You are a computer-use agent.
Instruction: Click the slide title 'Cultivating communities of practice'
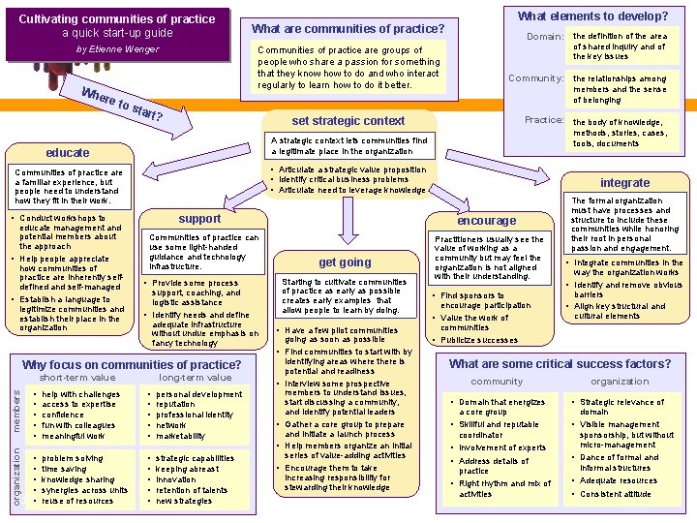pyautogui.click(x=117, y=18)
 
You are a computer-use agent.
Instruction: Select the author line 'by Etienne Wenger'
pyautogui.click(x=117, y=49)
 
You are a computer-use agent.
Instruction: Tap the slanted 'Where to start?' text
pyautogui.click(x=122, y=103)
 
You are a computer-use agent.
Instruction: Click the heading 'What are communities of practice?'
pyautogui.click(x=348, y=28)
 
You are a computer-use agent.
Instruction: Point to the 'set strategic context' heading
pyautogui.click(x=348, y=121)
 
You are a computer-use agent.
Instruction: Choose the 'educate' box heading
pyautogui.click(x=68, y=153)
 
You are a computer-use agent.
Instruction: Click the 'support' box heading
pyautogui.click(x=199, y=219)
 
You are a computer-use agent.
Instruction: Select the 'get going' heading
pyautogui.click(x=345, y=262)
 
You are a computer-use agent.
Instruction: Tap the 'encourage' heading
pyautogui.click(x=487, y=220)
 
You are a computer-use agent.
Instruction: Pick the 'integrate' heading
pyautogui.click(x=624, y=182)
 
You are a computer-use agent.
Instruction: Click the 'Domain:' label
pyautogui.click(x=545, y=37)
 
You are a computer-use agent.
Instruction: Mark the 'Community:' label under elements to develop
pyautogui.click(x=536, y=78)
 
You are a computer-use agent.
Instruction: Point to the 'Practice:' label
pyautogui.click(x=544, y=120)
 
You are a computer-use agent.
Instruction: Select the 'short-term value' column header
pyautogui.click(x=77, y=378)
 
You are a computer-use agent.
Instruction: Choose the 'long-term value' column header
pyautogui.click(x=196, y=378)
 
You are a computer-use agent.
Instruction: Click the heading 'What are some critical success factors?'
pyautogui.click(x=560, y=364)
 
